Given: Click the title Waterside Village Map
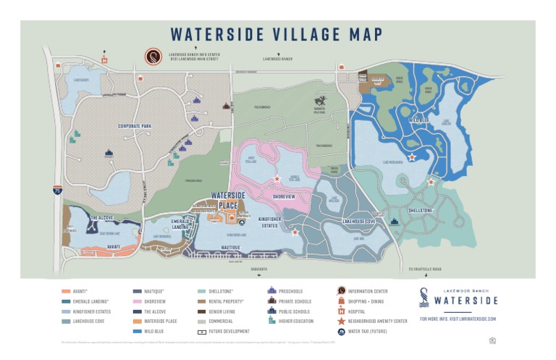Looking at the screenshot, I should click(277, 34).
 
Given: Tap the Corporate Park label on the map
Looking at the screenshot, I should click(135, 126).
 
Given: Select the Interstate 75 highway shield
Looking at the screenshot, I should click(56, 189).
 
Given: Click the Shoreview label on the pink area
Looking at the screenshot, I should click(283, 196).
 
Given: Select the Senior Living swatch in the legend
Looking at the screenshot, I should click(202, 310).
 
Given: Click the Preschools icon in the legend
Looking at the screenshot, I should click(272, 291).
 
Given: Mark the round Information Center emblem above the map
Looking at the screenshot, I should click(153, 57).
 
